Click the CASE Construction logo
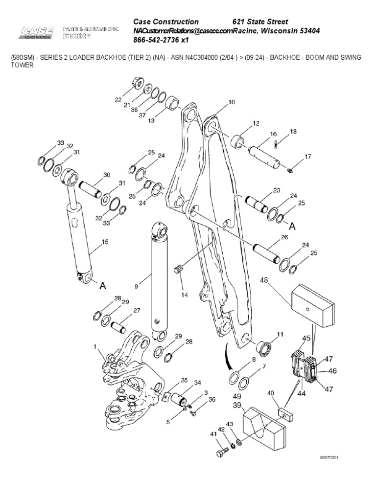[x=37, y=32]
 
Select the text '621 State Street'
[x=259, y=22]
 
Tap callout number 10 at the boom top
[x=232, y=102]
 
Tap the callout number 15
[x=104, y=242]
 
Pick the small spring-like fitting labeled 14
[x=179, y=269]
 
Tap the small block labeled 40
[x=284, y=414]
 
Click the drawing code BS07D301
[x=329, y=457]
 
